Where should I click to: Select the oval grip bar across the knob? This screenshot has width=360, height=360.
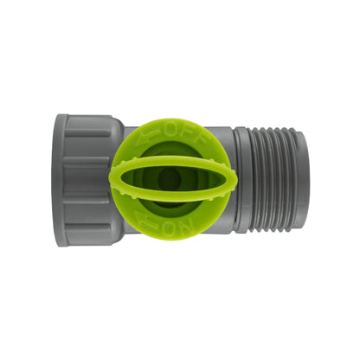(173, 179)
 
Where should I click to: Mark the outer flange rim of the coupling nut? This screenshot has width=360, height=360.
(61, 180)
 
